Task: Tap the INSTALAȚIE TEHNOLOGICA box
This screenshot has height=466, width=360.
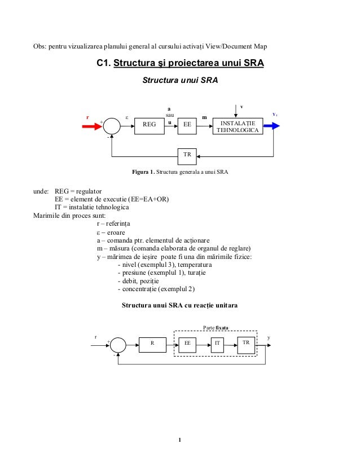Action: pos(238,126)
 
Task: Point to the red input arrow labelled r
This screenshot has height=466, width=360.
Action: pos(91,126)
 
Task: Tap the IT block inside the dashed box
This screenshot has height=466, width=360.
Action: pos(217,343)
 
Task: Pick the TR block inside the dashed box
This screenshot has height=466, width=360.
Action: pos(245,343)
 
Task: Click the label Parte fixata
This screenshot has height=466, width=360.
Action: pos(215,326)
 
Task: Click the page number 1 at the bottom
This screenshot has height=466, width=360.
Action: pos(179,441)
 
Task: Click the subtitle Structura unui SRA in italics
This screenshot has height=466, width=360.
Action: pos(180,81)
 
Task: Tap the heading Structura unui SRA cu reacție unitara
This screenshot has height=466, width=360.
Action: pos(180,306)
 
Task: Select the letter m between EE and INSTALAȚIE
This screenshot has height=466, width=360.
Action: pos(204,118)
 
